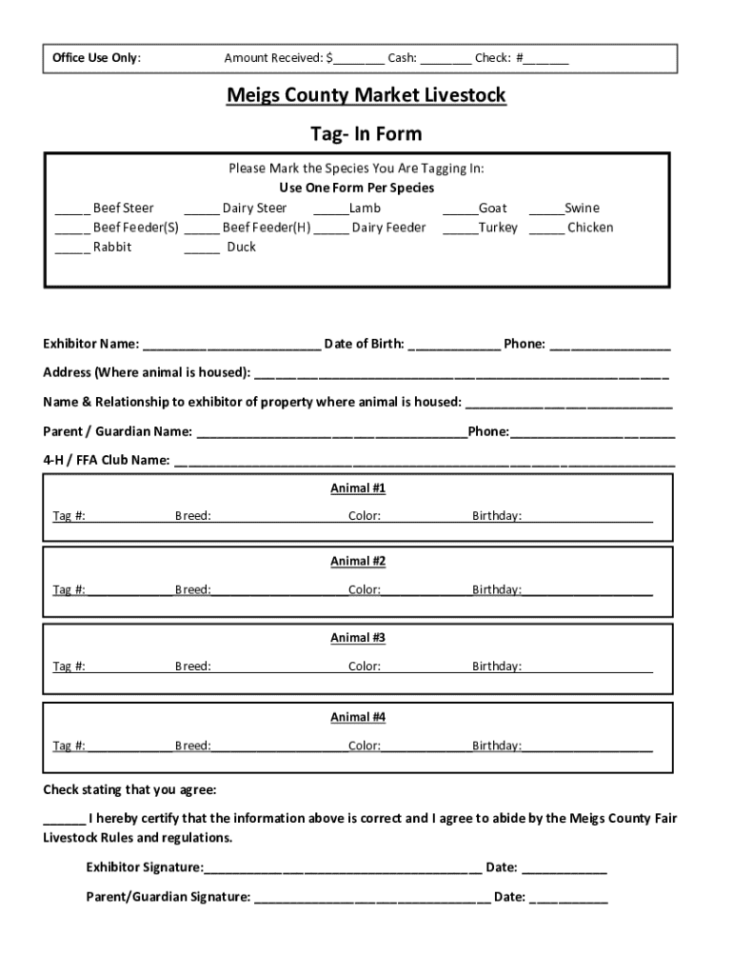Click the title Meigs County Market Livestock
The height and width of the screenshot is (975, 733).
click(366, 96)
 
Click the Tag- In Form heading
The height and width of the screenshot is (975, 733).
click(366, 134)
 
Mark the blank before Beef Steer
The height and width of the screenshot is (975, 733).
click(72, 209)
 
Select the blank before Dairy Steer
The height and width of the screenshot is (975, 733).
click(202, 209)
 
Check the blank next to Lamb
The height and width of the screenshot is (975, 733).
click(331, 209)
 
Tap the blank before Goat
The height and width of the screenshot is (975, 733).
click(460, 209)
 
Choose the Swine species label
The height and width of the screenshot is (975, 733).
click(582, 208)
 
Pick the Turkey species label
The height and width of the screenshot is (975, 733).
click(498, 228)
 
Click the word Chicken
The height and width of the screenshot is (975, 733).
click(590, 228)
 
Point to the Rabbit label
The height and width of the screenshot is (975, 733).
click(112, 247)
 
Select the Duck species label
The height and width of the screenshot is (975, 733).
click(242, 247)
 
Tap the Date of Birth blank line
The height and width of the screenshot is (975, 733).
click(454, 345)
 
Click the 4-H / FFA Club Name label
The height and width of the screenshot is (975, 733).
click(107, 460)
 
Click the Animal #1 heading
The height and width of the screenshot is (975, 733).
click(358, 488)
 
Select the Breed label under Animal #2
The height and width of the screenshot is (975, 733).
click(192, 589)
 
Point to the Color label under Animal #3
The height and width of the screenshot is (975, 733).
click(364, 667)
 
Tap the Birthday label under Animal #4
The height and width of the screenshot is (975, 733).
click(497, 746)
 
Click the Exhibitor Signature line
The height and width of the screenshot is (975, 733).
click(343, 868)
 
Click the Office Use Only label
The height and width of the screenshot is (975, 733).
click(96, 58)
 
